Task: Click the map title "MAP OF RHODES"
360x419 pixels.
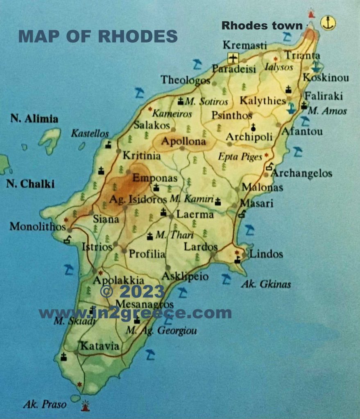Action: [98, 36]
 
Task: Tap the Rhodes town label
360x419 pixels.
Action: [262, 26]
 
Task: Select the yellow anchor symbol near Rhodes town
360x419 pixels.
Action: [327, 23]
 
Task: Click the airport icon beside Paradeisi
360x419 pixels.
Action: [233, 58]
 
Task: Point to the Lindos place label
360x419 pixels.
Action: [266, 254]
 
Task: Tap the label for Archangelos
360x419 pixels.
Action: [302, 173]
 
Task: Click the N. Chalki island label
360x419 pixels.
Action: [30, 184]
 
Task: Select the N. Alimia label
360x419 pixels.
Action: [34, 119]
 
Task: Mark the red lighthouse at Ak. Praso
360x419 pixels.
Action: [86, 405]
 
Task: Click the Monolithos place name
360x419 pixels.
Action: [38, 226]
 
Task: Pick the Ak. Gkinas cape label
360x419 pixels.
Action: [265, 284]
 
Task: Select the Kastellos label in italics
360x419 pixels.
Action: [90, 133]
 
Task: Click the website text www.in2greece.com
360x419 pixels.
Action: [135, 313]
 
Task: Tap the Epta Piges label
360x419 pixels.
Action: [240, 156]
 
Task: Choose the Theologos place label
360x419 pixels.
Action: [186, 79]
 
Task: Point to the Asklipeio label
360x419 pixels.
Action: [185, 277]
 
